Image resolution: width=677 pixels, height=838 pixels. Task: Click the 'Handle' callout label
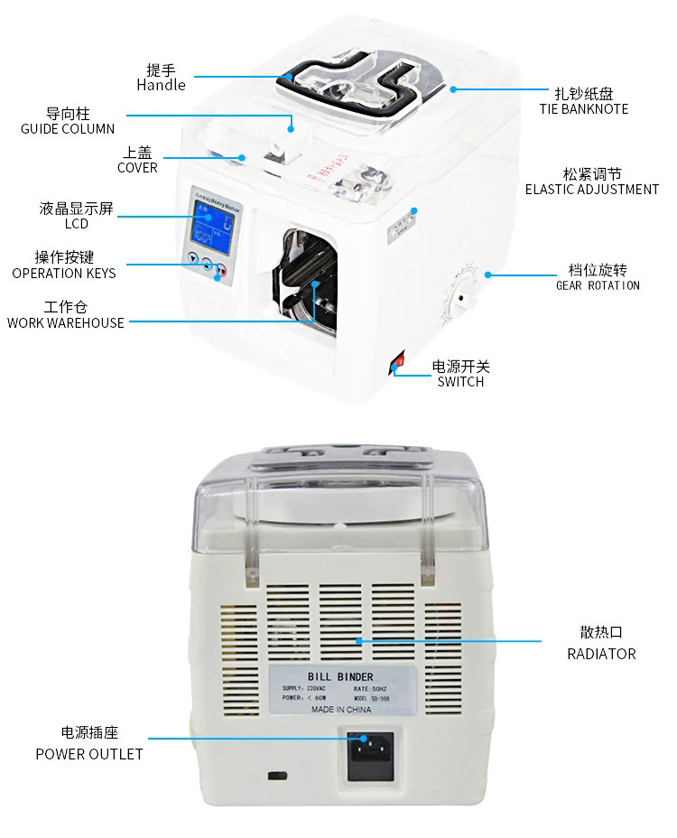click(161, 85)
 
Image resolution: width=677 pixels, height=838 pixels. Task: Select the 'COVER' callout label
click(137, 167)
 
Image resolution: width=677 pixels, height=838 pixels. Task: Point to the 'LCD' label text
click(76, 223)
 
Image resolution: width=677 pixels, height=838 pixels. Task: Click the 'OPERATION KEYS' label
click(64, 273)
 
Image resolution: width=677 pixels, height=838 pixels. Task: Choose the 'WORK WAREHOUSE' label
click(66, 322)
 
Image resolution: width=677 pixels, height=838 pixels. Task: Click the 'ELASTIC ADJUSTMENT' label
click(592, 190)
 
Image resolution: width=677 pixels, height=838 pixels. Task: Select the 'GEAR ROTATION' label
click(598, 285)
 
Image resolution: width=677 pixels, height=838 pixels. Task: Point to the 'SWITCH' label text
click(460, 381)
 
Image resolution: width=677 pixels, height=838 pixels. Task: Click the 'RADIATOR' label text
click(601, 653)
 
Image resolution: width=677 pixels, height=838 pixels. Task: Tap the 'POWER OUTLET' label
click(89, 753)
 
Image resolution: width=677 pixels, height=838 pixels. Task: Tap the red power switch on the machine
click(395, 366)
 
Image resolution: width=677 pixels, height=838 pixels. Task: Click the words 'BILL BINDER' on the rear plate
click(340, 676)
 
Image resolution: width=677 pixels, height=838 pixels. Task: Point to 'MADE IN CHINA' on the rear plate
click(341, 710)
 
